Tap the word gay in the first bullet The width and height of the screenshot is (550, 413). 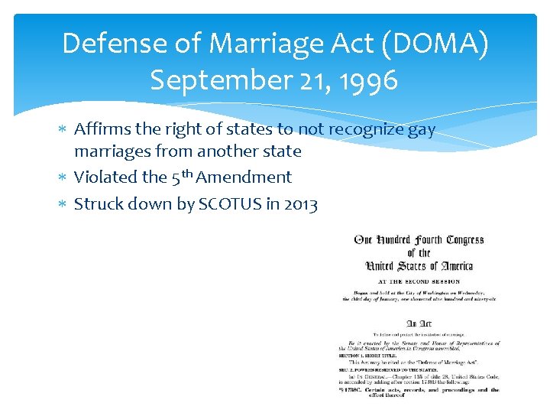point(420,130)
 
